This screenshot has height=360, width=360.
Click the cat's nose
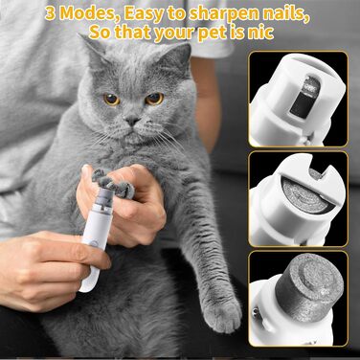(132, 121)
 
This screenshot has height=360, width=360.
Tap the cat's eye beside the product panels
(154, 99)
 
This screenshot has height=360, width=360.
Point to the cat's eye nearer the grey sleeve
(112, 99)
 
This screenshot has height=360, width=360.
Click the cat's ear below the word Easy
(93, 54)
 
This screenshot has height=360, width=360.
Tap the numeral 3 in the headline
(51, 14)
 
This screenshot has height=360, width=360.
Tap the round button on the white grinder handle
(93, 243)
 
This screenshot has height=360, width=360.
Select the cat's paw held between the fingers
(112, 184)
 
